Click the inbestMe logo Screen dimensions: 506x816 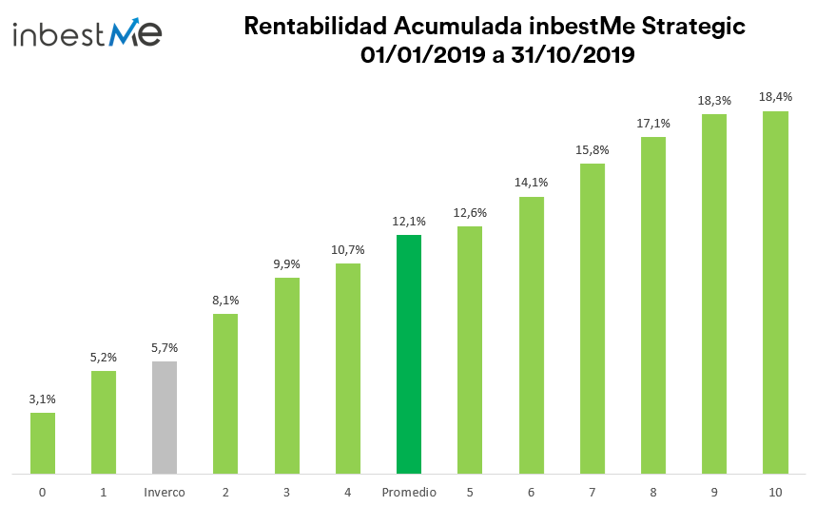click(x=87, y=35)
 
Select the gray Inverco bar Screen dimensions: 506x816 click(x=165, y=417)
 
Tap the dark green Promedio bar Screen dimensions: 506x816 click(x=409, y=354)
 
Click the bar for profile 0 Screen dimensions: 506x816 click(x=43, y=442)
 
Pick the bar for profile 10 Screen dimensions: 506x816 click(x=775, y=292)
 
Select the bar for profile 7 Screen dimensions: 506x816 click(x=593, y=318)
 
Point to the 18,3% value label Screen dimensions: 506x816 click(x=714, y=100)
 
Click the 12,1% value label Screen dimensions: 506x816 click(x=409, y=221)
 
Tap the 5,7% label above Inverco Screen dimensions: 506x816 click(x=165, y=347)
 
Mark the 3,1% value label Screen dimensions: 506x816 click(x=43, y=399)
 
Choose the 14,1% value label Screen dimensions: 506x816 click(x=531, y=183)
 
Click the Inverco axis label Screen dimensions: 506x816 click(x=165, y=492)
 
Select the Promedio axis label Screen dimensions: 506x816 click(x=409, y=492)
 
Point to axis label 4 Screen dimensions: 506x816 click(x=348, y=492)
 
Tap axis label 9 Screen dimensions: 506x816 click(x=714, y=492)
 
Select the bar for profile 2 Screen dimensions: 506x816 click(x=225, y=393)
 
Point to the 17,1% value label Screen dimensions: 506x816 click(x=653, y=123)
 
